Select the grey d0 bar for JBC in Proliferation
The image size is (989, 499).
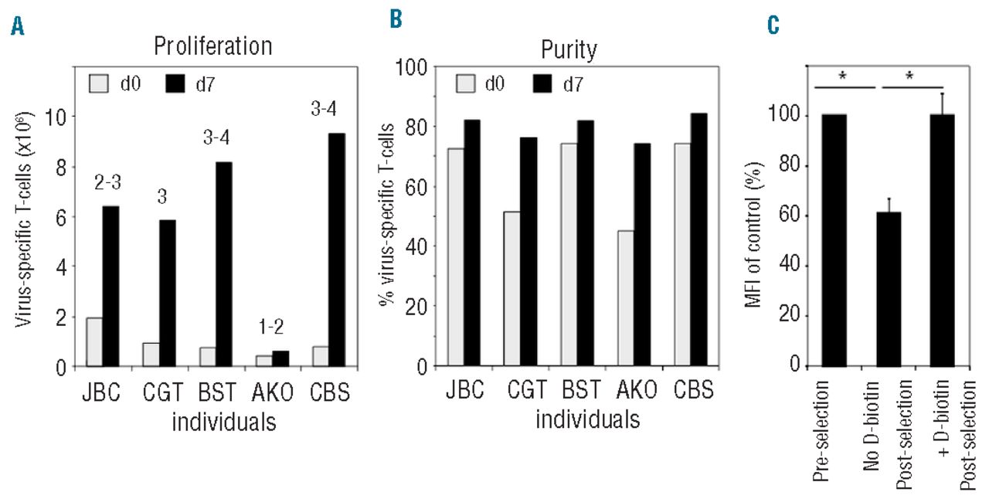coord(94,341)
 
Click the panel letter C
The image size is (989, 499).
coord(773,29)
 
